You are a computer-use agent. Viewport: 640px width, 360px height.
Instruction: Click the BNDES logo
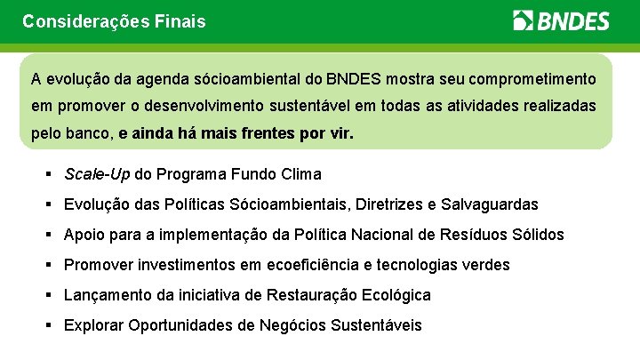[561, 20]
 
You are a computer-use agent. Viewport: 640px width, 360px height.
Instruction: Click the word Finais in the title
[180, 20]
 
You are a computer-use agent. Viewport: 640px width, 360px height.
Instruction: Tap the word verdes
[486, 265]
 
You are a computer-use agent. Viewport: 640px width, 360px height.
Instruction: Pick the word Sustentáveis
[376, 325]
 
